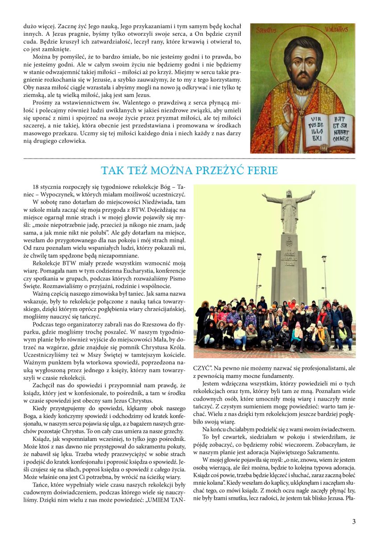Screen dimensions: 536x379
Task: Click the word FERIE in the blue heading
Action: pyautogui.click(x=260, y=171)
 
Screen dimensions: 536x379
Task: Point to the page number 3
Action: pyautogui.click(x=354, y=521)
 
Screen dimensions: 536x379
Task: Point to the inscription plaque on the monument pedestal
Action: pyautogui.click(x=288, y=259)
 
